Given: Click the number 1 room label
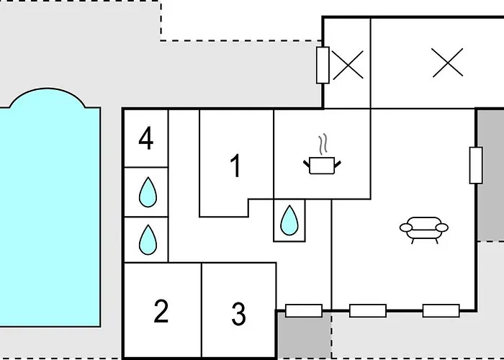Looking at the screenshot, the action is coord(236,165).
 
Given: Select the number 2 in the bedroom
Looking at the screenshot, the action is coord(161,311).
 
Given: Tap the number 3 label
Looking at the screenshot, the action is coord(238,314).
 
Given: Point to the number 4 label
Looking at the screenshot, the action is coord(146,138).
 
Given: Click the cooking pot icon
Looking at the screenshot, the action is coord(322,165).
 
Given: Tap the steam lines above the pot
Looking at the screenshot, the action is coord(323,144).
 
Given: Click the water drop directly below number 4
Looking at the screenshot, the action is coord(148,192).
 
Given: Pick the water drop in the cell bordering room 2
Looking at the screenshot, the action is coord(148,240).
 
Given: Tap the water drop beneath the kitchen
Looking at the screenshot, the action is coord(289,220).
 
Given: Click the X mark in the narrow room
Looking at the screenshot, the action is coord(348,65).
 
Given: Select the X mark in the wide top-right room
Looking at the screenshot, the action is coord(447,63).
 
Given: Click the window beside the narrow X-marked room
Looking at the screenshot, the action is coord(323,65).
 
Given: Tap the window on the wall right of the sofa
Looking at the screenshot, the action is coord(476,165).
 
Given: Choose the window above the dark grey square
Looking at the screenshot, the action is coord(304,310).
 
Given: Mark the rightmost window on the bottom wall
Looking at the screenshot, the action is coord(441,310).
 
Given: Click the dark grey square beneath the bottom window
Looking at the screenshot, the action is coord(304,335).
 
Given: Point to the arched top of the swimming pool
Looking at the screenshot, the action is coord(48,93).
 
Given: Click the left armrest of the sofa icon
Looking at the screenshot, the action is coord(406,228).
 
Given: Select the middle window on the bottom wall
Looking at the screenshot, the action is coord(368,310).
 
